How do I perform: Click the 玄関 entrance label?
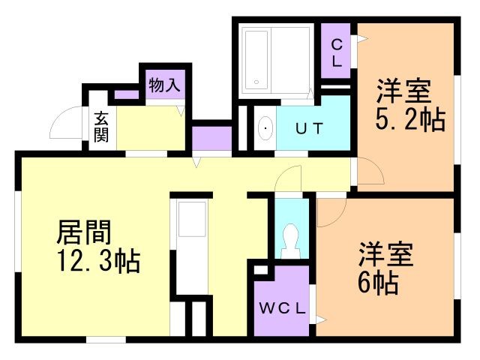pyautogui.click(x=101, y=127)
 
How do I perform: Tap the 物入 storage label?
pyautogui.click(x=164, y=85)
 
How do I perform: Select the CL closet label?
pyautogui.click(x=337, y=53)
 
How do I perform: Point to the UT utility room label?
pyautogui.click(x=310, y=128)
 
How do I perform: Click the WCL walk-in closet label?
pyautogui.click(x=282, y=308)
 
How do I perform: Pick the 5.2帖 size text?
pyautogui.click(x=410, y=120)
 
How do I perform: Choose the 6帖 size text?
pyautogui.click(x=378, y=283)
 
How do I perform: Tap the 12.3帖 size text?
pyautogui.click(x=98, y=261)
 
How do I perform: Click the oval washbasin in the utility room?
pyautogui.click(x=265, y=128)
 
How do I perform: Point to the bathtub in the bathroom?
pyautogui.click(x=256, y=59)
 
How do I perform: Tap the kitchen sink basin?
pyautogui.click(x=192, y=219)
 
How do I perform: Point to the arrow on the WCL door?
pyautogui.click(x=321, y=320)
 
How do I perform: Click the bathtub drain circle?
pyautogui.click(x=256, y=82)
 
